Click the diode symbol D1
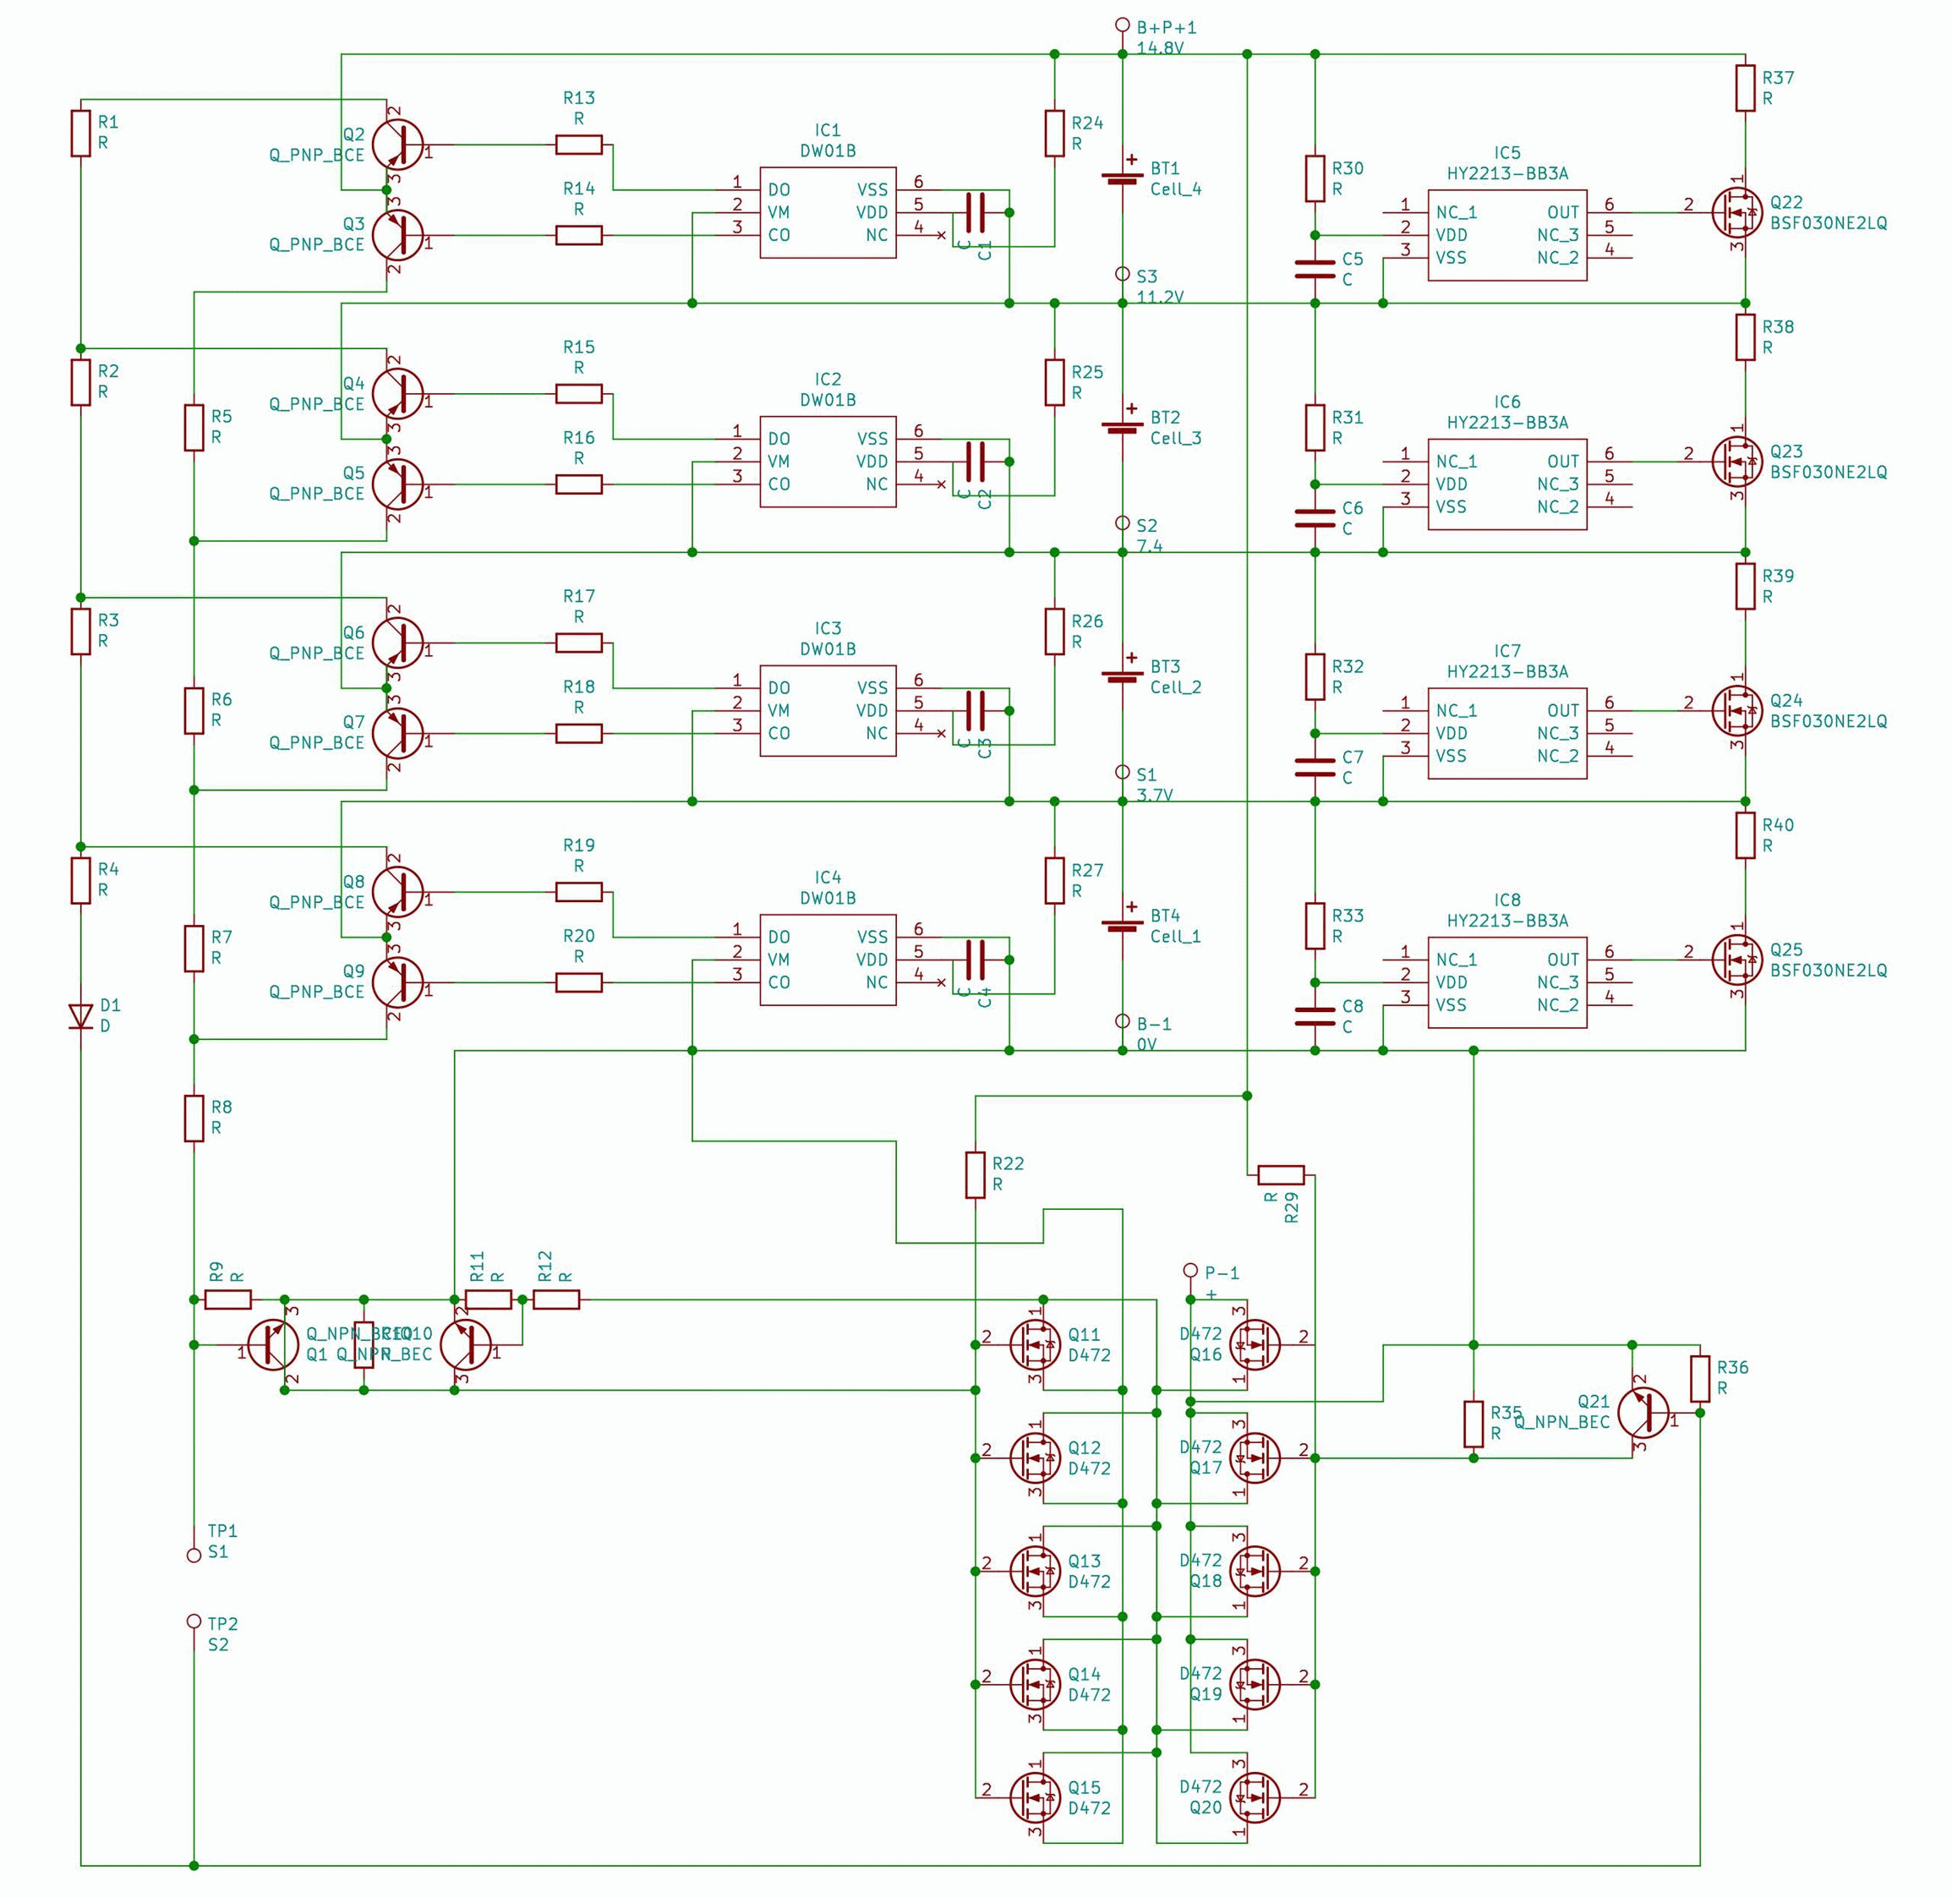pos(81,1015)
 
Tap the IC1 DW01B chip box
pos(828,212)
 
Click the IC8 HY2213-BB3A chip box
pos(1506,982)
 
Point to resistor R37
pos(1745,88)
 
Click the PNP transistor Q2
pos(398,145)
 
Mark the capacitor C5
pos(1314,269)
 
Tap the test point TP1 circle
pos(194,1555)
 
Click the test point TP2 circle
pos(194,1621)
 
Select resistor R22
pos(975,1174)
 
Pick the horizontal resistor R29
pos(1281,1174)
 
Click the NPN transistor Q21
pos(1642,1412)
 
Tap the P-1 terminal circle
pos(1189,1270)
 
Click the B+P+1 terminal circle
pos(1122,25)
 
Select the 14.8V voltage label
pos(1159,48)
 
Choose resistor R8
pos(194,1118)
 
